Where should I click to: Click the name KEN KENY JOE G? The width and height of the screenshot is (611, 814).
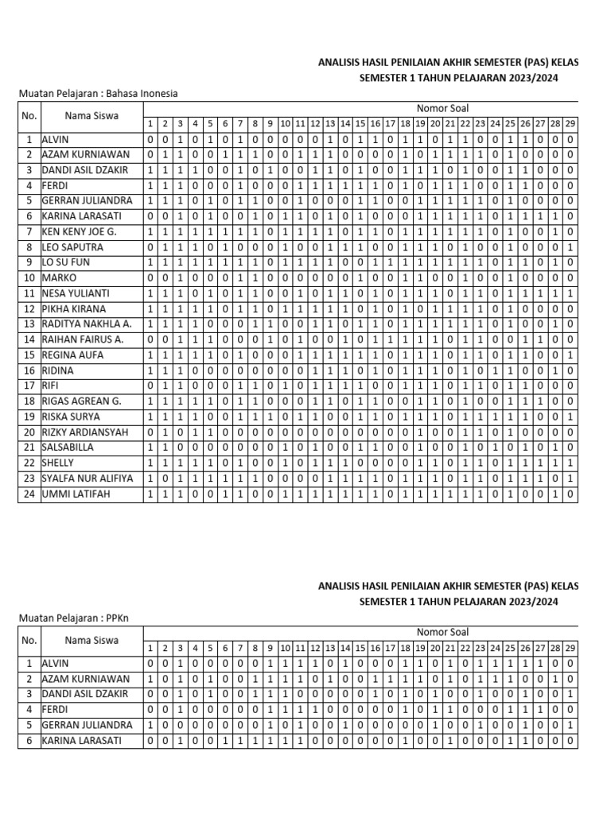pos(77,231)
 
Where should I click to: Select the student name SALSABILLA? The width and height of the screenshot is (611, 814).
pos(69,448)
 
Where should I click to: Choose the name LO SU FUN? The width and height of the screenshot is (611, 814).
pos(64,262)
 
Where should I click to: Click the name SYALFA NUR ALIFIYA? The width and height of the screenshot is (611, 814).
pos(88,479)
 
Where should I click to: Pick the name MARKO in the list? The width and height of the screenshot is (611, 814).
pos(60,277)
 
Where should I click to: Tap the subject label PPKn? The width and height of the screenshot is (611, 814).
pos(115,617)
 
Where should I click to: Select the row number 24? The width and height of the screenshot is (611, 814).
pos(29,494)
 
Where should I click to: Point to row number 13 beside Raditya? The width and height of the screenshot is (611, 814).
pos(29,324)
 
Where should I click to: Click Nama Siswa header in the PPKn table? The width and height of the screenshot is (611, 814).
pos(91,639)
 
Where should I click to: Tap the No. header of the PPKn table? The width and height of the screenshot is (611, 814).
pos(29,639)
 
